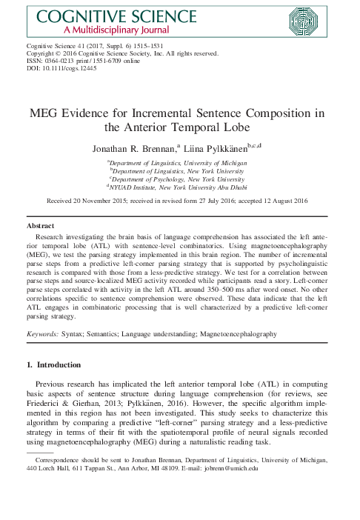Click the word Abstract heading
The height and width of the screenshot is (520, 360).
[41, 223]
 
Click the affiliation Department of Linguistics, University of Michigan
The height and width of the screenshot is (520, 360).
[180, 161]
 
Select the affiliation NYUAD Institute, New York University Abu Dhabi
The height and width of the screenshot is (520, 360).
[180, 188]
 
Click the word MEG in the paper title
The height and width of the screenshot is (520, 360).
[51, 113]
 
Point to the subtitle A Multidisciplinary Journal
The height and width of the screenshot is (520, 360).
[100, 30]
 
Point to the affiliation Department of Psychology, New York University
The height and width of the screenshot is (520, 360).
[180, 179]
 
